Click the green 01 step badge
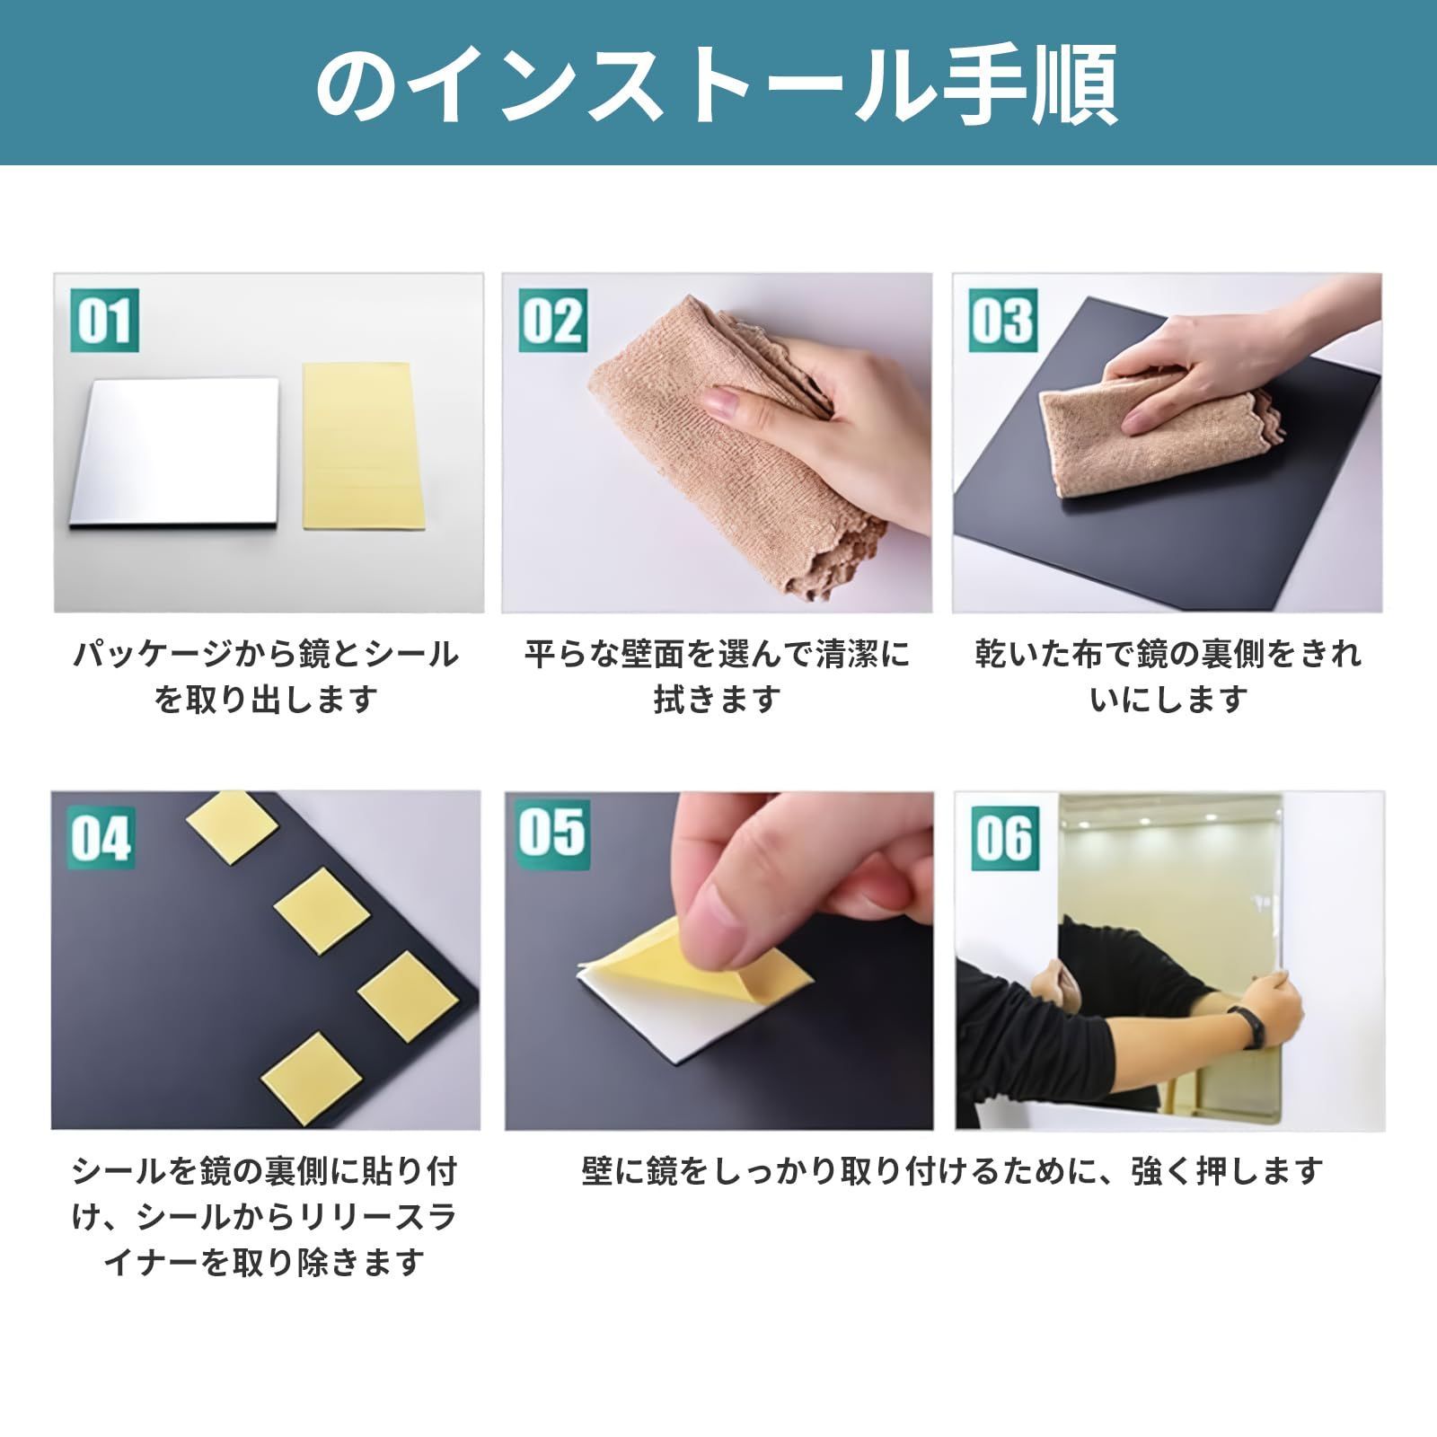[104, 321]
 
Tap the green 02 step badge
[553, 321]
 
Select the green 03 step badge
[1003, 321]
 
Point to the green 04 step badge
[101, 837]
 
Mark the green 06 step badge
[1005, 837]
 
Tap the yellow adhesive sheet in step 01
[363, 445]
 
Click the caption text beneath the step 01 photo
[266, 675]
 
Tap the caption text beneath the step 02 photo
[717, 675]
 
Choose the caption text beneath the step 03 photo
[1168, 675]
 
